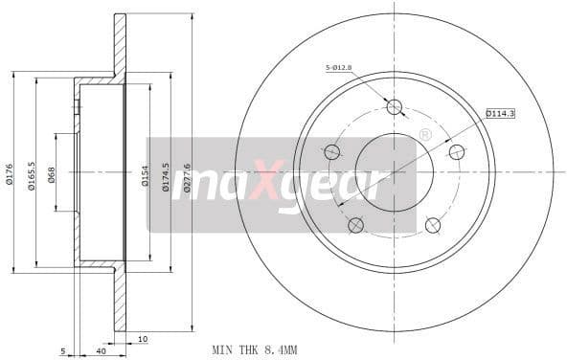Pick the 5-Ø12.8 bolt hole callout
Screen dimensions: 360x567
click(340, 67)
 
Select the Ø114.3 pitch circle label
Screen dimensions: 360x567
click(500, 113)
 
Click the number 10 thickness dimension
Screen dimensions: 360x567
click(141, 338)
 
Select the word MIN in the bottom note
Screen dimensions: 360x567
click(221, 349)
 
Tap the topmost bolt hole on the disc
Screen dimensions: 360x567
click(395, 106)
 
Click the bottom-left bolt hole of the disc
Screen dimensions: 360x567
click(355, 225)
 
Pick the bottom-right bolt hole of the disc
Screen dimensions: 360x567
click(433, 225)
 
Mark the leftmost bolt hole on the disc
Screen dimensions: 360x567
click(332, 151)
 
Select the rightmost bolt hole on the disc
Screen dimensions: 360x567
click(457, 151)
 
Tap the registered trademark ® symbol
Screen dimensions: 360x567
click(424, 136)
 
